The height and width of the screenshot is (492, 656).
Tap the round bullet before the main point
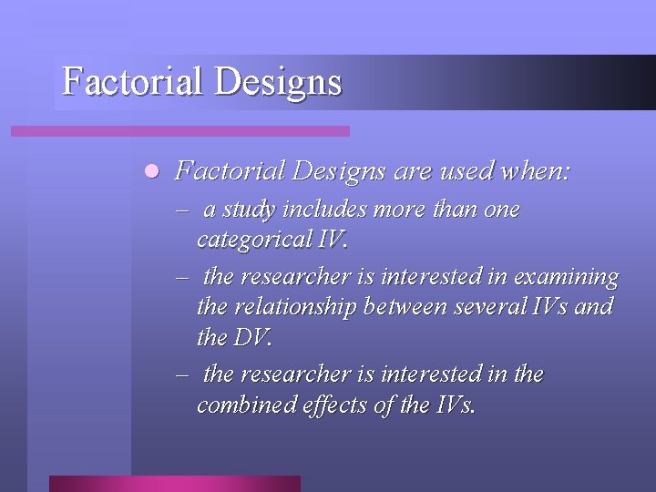click(151, 170)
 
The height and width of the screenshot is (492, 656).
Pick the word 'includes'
click(321, 210)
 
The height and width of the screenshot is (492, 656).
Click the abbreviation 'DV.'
click(252, 338)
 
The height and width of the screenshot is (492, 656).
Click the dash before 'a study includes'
click(184, 210)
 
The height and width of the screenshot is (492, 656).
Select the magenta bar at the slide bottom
click(174, 483)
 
